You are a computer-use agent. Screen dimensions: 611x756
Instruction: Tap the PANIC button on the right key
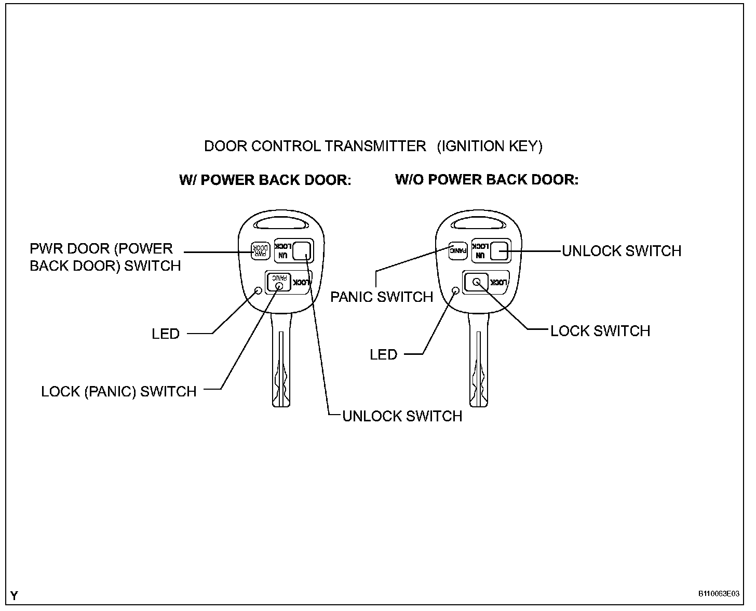point(458,251)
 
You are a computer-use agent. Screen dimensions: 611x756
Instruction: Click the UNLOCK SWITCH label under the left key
point(402,416)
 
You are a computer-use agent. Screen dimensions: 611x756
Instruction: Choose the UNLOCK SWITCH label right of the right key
point(622,251)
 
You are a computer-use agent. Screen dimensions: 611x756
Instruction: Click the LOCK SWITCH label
point(600,331)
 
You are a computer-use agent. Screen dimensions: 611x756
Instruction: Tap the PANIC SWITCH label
point(382,297)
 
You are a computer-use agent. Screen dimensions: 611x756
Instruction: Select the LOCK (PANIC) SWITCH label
point(119,391)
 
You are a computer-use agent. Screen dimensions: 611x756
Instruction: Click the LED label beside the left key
point(166,334)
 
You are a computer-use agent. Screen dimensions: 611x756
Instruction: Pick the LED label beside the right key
point(383,355)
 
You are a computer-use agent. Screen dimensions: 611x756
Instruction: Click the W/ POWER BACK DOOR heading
point(265,180)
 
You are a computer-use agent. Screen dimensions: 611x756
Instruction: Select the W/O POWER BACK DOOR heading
point(487,180)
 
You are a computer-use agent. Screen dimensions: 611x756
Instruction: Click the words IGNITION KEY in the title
point(490,146)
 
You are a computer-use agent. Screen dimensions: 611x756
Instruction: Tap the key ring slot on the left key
point(280,224)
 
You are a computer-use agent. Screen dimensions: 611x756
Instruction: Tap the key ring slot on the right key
point(478,224)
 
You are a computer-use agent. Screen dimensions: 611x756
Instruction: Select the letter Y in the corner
point(14,596)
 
